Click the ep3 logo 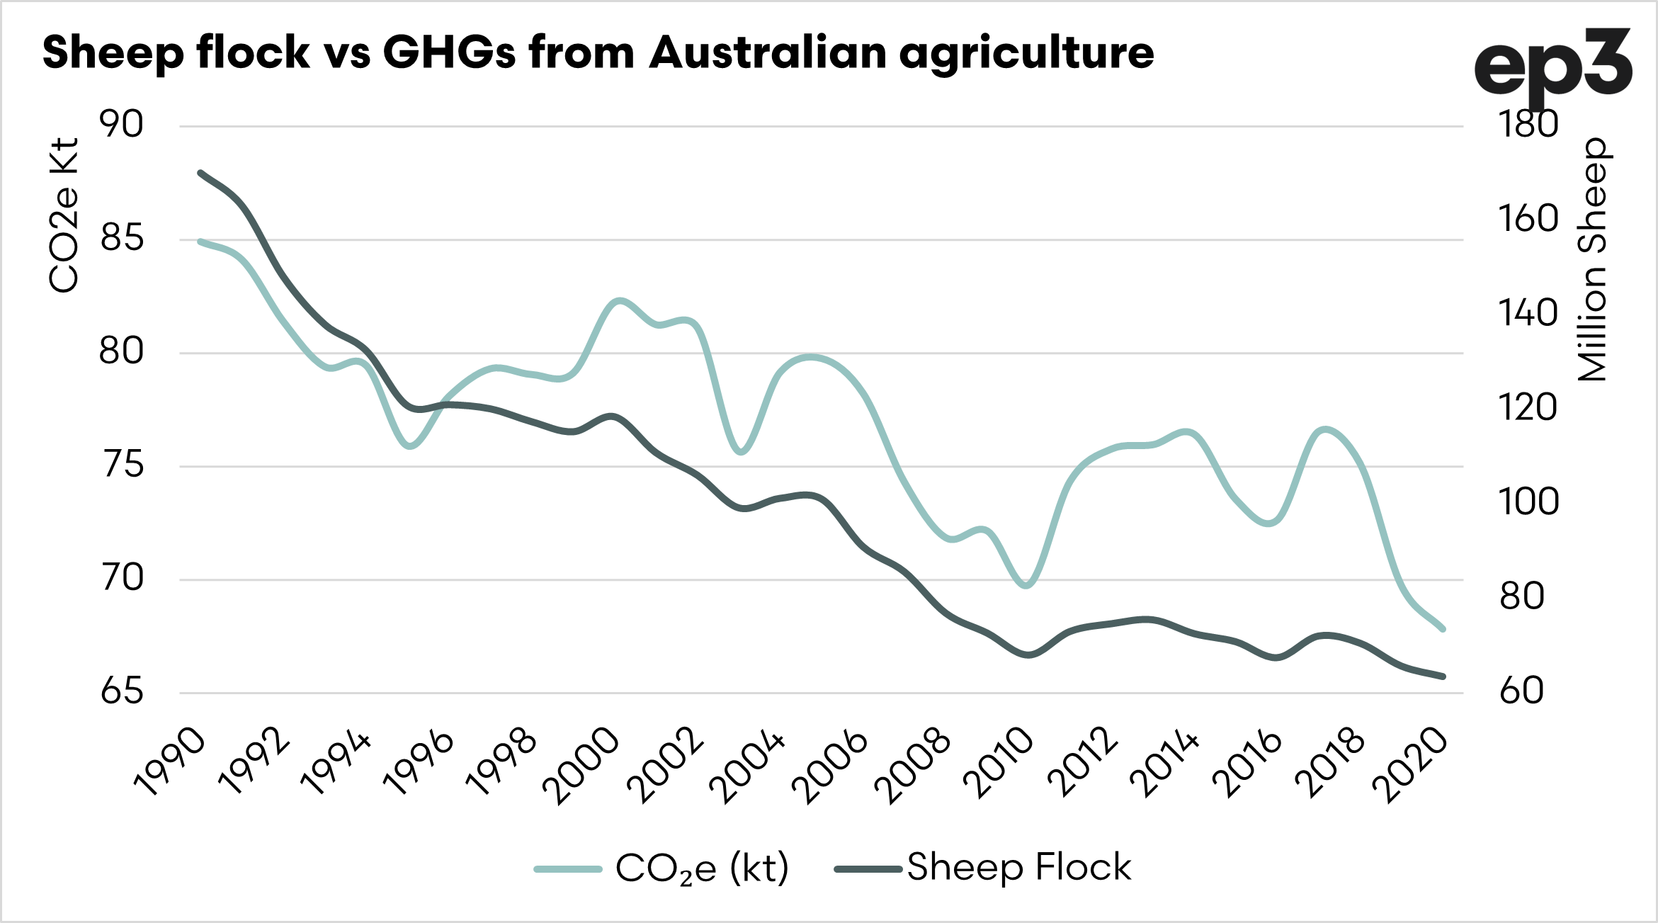[1552, 67]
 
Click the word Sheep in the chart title [113, 53]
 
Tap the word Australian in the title [768, 53]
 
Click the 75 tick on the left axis [123, 465]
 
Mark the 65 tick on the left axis [123, 691]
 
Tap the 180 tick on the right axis [1528, 125]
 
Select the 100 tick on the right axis [1528, 502]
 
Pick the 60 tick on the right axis [1521, 691]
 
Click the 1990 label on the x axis [170, 762]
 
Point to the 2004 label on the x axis [748, 767]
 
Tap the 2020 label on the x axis [1410, 766]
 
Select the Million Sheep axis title [1594, 259]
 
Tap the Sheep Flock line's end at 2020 [1443, 676]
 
